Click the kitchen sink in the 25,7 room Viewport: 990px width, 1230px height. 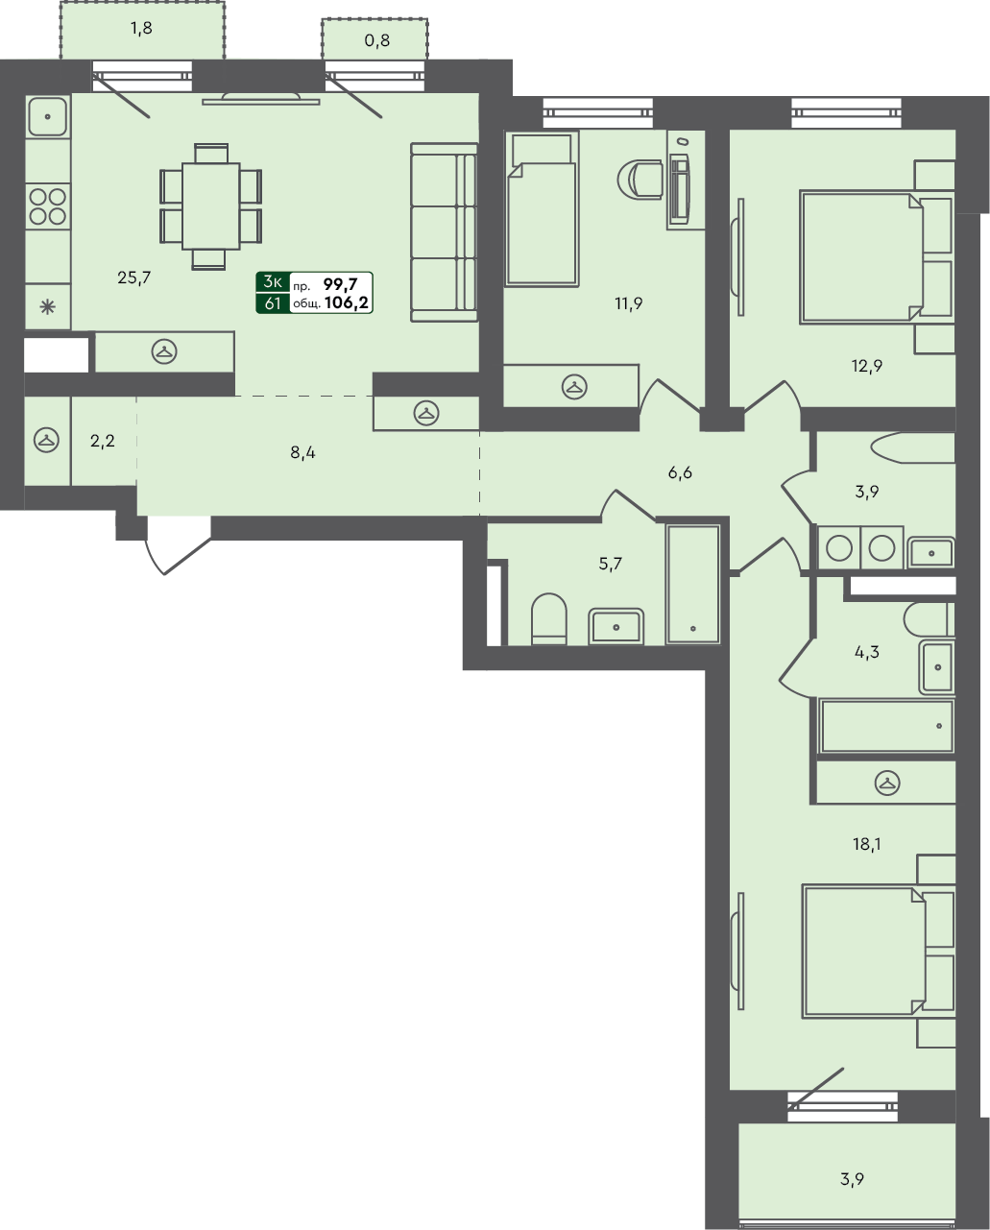point(46,117)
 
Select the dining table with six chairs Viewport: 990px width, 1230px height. point(210,205)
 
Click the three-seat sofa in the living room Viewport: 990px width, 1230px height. point(444,231)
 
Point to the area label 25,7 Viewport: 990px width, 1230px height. point(134,278)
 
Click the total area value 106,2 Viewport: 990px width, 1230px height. point(348,302)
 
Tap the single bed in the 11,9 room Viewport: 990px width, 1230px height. point(540,209)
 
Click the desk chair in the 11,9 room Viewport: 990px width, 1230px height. point(640,179)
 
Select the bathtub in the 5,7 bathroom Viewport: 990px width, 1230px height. point(692,584)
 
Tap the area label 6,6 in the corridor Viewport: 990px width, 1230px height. point(680,472)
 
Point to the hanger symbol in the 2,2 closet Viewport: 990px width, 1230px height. point(45,441)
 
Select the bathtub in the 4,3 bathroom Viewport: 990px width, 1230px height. point(886,726)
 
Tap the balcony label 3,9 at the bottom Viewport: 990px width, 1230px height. point(848,1178)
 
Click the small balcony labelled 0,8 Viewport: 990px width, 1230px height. point(374,41)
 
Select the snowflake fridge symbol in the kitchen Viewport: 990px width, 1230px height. point(46,308)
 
